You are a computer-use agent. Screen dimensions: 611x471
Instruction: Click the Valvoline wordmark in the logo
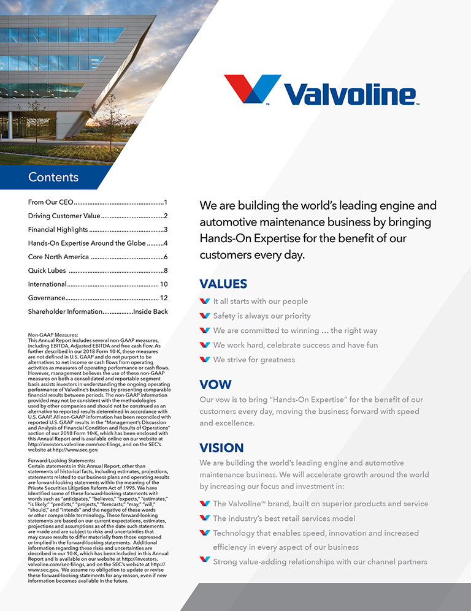pos(350,93)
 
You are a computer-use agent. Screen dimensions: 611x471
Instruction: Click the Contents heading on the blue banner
pos(53,177)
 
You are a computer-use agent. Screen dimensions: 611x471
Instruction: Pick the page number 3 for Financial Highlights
pos(166,229)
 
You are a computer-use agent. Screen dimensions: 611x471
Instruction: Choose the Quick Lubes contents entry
pos(47,270)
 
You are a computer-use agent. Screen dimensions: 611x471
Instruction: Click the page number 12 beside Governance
pos(164,298)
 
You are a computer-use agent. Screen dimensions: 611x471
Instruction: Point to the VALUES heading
pos(223,284)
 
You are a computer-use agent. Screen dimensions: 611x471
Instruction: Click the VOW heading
pos(215,385)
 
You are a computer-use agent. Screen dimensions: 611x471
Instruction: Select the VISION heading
pos(221,447)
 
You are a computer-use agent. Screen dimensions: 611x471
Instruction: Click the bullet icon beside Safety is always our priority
pos(205,316)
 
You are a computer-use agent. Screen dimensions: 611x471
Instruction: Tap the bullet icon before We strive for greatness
pos(205,360)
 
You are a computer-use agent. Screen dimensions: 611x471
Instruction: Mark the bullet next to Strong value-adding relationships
pos(205,561)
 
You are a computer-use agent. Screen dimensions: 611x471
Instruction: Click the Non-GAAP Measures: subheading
pos(53,335)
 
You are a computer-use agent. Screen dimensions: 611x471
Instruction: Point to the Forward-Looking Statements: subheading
pos(61,460)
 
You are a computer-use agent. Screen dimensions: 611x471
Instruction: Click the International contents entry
pos(47,284)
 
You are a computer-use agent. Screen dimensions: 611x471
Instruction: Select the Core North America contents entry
pos(58,257)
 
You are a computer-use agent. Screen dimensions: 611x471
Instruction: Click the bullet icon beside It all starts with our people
pos(205,301)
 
